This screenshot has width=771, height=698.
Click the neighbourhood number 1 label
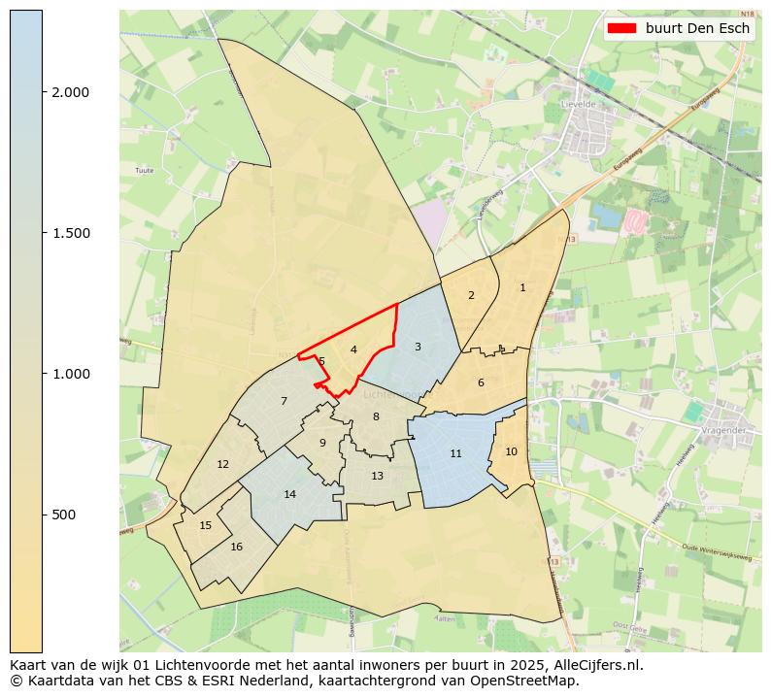pyautogui.click(x=522, y=287)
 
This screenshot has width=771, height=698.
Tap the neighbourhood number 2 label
pyautogui.click(x=471, y=295)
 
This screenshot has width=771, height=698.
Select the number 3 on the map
pyautogui.click(x=418, y=347)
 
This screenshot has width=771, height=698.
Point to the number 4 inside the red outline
pyautogui.click(x=353, y=349)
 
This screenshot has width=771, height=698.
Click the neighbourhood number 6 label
pyautogui.click(x=481, y=382)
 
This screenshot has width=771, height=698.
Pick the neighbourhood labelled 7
pyautogui.click(x=284, y=401)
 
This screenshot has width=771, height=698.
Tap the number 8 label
pyautogui.click(x=376, y=416)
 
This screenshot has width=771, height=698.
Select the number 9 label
pyautogui.click(x=322, y=443)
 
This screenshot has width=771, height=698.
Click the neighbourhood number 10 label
pyautogui.click(x=511, y=451)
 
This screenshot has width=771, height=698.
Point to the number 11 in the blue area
pyautogui.click(x=455, y=453)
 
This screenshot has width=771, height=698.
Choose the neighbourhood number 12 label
pyautogui.click(x=223, y=464)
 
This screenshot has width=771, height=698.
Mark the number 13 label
pyautogui.click(x=377, y=476)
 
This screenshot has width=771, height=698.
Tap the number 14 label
pyautogui.click(x=289, y=494)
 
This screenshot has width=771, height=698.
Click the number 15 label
pyautogui.click(x=205, y=525)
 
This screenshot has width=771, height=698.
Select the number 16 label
pyautogui.click(x=236, y=547)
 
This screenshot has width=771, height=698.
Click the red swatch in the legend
pyautogui.click(x=620, y=28)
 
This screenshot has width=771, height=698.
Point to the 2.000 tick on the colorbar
pyautogui.click(x=70, y=92)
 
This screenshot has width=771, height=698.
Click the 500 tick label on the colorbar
pyautogui.click(x=65, y=515)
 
